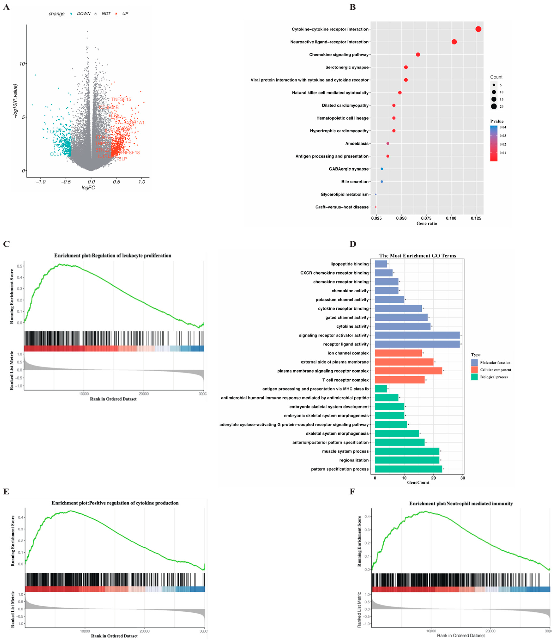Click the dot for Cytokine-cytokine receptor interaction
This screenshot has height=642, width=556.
[478, 29]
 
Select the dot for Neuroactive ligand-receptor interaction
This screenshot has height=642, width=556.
[454, 42]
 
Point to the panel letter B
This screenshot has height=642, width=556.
[352, 7]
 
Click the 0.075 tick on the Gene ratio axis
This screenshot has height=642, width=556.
[426, 218]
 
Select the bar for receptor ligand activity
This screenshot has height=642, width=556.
[417, 344]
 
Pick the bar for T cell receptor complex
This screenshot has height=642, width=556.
[400, 380]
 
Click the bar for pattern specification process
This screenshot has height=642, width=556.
[408, 469]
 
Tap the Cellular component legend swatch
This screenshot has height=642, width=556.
[474, 370]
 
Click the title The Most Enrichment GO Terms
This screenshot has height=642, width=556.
[418, 256]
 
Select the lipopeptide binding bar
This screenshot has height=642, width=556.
[381, 264]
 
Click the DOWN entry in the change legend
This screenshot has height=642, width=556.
[83, 14]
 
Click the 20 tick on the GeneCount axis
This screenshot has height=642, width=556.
[433, 478]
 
